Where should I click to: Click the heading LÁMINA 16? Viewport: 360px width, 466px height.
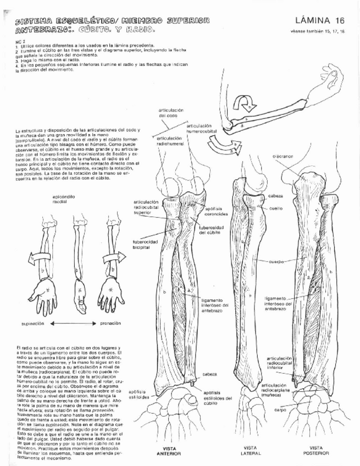pyautogui.click(x=318, y=20)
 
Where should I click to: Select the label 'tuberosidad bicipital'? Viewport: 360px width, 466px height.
pyautogui.click(x=145, y=244)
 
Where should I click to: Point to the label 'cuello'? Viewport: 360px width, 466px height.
pyautogui.click(x=276, y=209)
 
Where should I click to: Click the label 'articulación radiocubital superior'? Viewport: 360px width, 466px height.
pyautogui.click(x=146, y=208)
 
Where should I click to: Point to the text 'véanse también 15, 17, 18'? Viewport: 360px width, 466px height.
pyautogui.click(x=319, y=32)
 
